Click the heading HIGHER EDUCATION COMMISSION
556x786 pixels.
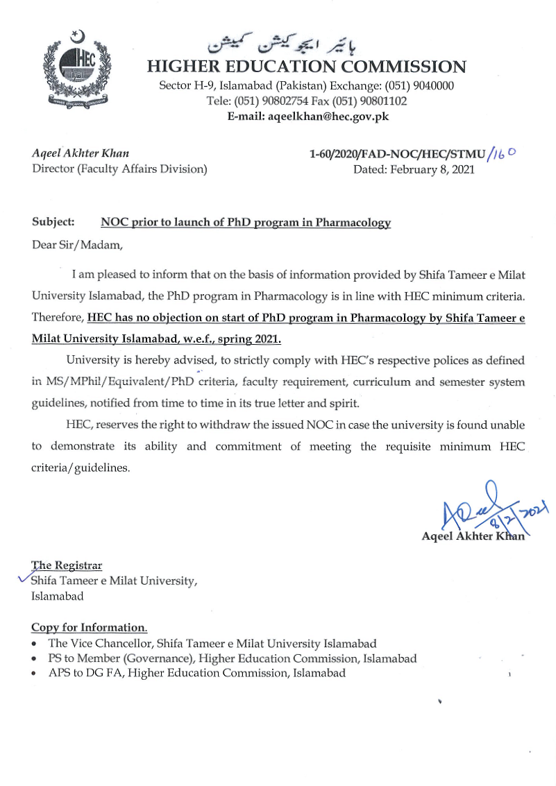[306, 67]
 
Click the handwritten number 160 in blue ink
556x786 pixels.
[503, 155]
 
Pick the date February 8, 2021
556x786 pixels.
[414, 169]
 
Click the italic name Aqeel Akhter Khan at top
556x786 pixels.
[81, 154]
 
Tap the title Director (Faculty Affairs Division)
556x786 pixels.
[119, 169]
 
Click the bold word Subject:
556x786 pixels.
[53, 223]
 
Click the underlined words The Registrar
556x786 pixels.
[67, 565]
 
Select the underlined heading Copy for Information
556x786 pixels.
[89, 628]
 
